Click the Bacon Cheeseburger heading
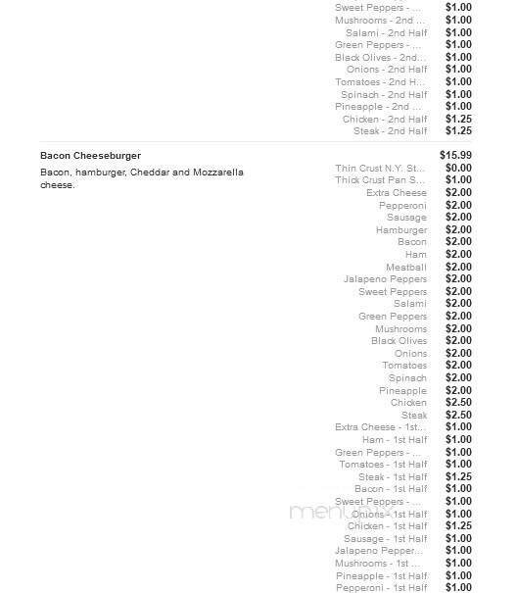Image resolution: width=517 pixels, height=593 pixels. point(90,156)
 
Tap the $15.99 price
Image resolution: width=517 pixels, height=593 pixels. point(455,156)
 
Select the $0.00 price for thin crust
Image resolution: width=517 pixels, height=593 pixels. point(457,169)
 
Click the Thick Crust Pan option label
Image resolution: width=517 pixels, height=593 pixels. point(381,180)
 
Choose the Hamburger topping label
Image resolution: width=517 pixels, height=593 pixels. point(401,230)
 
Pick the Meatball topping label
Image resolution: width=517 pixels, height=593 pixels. point(406,268)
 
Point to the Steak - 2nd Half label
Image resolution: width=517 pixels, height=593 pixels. point(391,131)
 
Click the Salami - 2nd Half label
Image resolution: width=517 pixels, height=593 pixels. point(387,32)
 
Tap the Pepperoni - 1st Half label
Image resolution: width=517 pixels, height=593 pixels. point(382,588)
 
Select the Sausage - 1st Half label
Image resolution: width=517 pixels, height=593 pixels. point(386,539)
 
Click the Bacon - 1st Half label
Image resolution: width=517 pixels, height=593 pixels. point(391,489)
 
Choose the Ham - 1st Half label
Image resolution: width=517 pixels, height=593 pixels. point(395,440)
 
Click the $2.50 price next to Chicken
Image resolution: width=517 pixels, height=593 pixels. point(457,403)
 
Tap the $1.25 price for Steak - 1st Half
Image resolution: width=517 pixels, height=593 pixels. point(457,477)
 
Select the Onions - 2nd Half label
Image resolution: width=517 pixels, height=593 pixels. point(387,70)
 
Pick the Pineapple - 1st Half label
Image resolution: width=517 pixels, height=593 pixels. point(381,576)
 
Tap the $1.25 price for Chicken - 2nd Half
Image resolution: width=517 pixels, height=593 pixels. point(457,119)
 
